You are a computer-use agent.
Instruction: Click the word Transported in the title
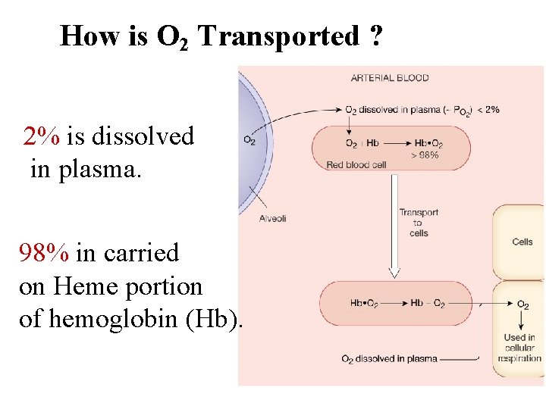(x=278, y=36)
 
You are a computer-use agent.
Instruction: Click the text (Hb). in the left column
(x=221, y=320)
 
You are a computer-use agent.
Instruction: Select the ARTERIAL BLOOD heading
(x=389, y=77)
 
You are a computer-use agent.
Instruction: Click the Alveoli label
(x=272, y=218)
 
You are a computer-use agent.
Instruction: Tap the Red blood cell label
(x=356, y=164)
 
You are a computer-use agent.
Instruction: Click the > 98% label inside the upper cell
(x=424, y=155)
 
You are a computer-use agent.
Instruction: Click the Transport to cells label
(x=419, y=223)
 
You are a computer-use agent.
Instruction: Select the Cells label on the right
(x=522, y=242)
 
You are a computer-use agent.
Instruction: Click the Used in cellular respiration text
(x=519, y=348)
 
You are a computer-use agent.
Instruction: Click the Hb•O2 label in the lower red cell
(x=364, y=304)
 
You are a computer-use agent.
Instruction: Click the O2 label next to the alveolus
(x=249, y=139)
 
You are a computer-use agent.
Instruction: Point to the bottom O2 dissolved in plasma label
(x=389, y=358)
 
